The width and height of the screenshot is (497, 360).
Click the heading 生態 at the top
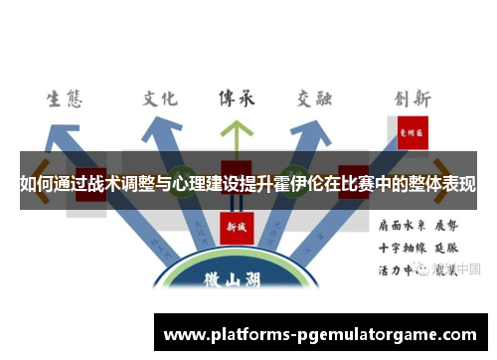(x=65, y=98)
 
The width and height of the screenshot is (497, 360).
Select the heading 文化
(x=159, y=97)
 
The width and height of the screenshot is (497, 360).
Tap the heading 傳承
(x=237, y=97)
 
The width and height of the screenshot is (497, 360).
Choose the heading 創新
(x=411, y=97)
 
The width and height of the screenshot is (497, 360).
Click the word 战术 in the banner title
(x=97, y=185)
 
